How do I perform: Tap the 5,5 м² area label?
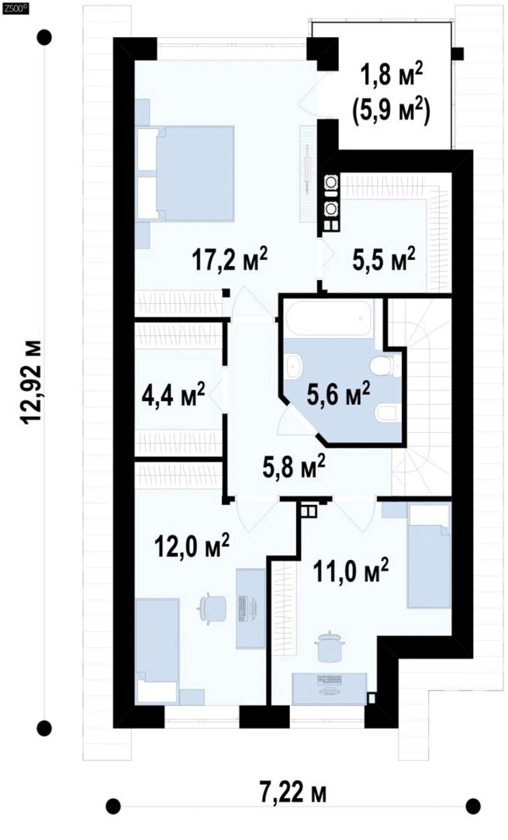pyautogui.click(x=383, y=259)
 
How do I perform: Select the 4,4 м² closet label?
pyautogui.click(x=173, y=396)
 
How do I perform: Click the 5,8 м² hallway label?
pyautogui.click(x=294, y=467)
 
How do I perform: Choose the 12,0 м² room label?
pyautogui.click(x=192, y=547)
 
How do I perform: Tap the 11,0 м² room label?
pyautogui.click(x=351, y=572)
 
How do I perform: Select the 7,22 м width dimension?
pyautogui.click(x=294, y=793)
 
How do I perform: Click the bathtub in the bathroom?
pyautogui.click(x=330, y=318)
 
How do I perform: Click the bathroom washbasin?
pyautogui.click(x=294, y=367)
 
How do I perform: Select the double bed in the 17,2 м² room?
pyautogui.click(x=185, y=173)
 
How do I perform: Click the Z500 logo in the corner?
pyautogui.click(x=14, y=7)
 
